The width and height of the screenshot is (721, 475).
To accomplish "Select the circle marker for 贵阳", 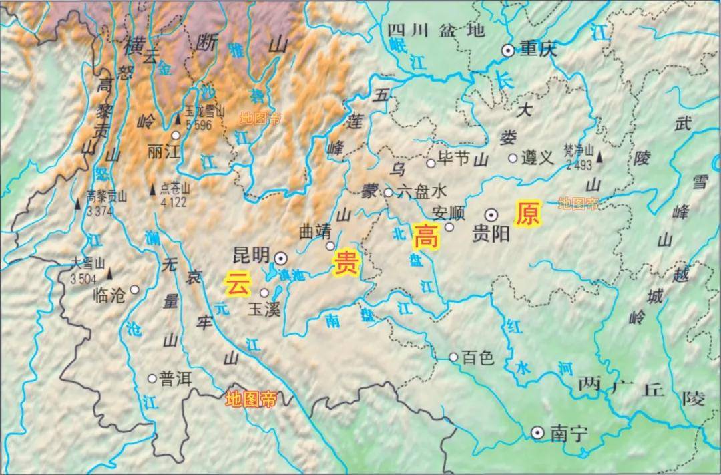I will click(491, 214).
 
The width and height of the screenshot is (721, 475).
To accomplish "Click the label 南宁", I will click(570, 434).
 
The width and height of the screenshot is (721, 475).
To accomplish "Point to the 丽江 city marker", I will click(176, 135).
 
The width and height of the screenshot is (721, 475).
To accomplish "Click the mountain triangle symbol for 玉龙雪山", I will click(178, 120).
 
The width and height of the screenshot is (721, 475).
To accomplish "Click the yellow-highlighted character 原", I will click(527, 214).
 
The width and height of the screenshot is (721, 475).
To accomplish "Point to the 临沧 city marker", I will click(134, 290).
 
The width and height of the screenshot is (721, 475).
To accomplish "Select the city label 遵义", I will click(537, 158).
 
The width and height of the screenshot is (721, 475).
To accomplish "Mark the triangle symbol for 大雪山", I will click(111, 273).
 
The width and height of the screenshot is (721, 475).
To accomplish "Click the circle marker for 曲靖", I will click(330, 246).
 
